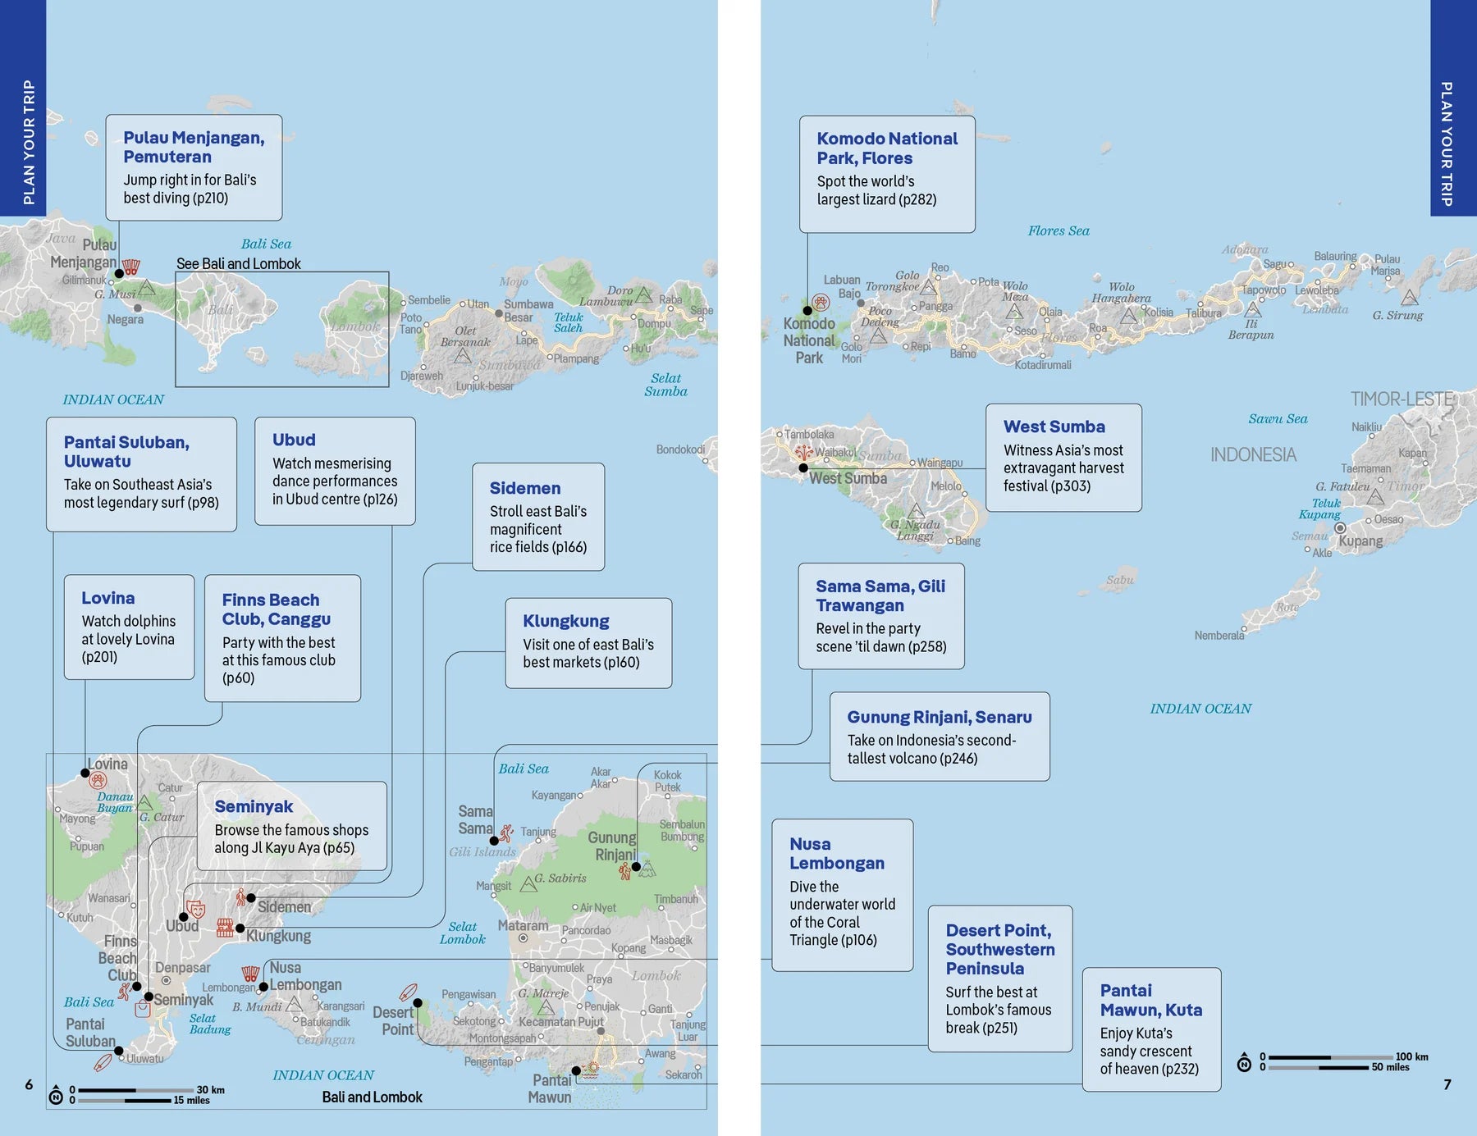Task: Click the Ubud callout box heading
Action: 294,440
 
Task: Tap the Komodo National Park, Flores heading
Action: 886,148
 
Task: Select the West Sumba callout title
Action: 1054,427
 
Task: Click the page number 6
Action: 29,1084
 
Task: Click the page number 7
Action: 1447,1084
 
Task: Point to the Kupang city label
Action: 1360,541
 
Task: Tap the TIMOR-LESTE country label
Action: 1402,399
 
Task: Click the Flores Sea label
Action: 1059,231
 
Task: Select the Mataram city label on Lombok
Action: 523,926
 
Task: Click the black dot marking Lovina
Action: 85,773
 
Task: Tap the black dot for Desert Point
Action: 418,1002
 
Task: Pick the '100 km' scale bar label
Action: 1411,1056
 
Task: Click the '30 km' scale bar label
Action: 210,1090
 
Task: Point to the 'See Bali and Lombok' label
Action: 238,264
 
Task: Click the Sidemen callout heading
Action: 525,488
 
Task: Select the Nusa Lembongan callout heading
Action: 836,853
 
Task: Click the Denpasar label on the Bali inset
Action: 183,968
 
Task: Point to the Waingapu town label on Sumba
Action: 940,463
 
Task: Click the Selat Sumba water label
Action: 665,385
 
